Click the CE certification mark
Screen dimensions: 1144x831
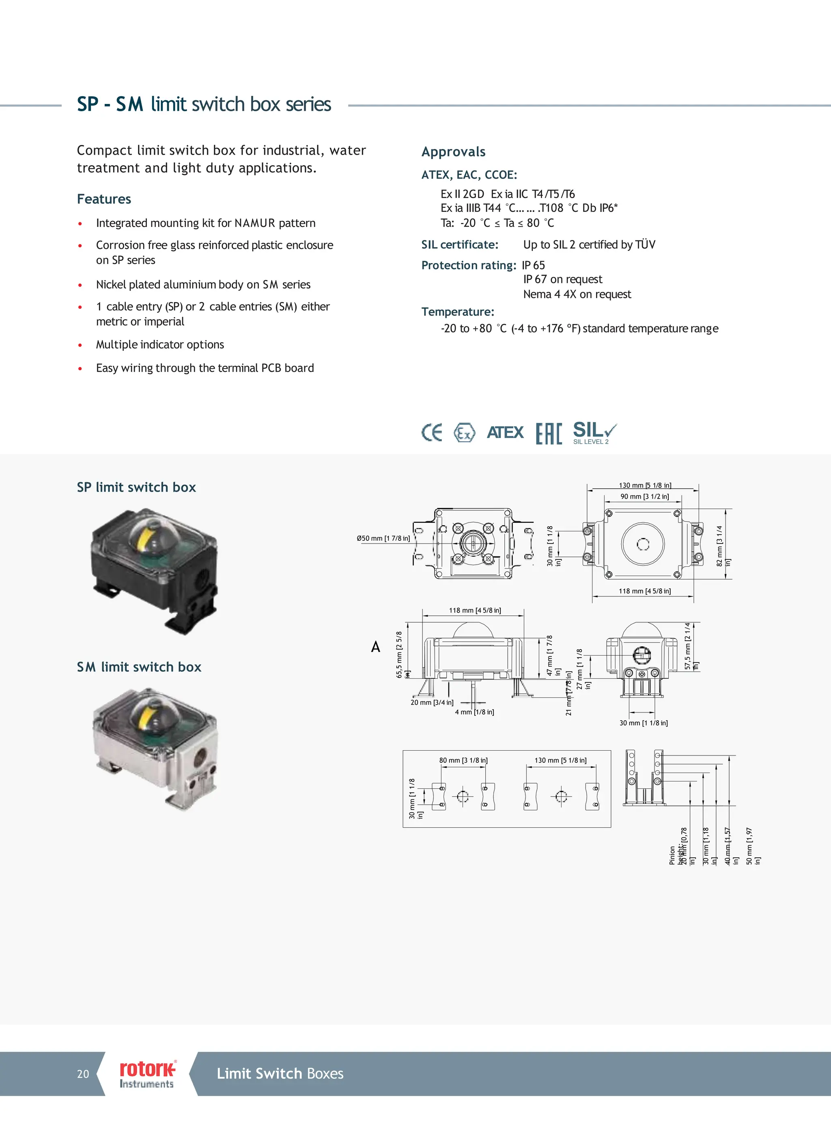(x=432, y=432)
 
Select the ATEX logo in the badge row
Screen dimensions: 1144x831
(x=505, y=432)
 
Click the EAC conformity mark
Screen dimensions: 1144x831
(x=549, y=433)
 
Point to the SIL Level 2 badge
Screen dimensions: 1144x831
(x=594, y=433)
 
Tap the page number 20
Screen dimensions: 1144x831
(x=83, y=1074)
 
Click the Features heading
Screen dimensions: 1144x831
(x=104, y=199)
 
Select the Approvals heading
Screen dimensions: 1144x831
(x=453, y=152)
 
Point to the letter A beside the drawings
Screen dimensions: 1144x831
(x=376, y=647)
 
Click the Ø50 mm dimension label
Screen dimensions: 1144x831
(x=383, y=538)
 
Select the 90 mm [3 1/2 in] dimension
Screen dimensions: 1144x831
(x=644, y=496)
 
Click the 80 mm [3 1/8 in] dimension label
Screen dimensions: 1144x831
(x=463, y=760)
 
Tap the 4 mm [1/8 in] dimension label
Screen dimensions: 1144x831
(x=474, y=712)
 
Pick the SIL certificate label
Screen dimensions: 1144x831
(x=459, y=245)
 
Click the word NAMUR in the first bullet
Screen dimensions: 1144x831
(x=255, y=223)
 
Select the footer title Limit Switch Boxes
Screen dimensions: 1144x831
(x=280, y=1073)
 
